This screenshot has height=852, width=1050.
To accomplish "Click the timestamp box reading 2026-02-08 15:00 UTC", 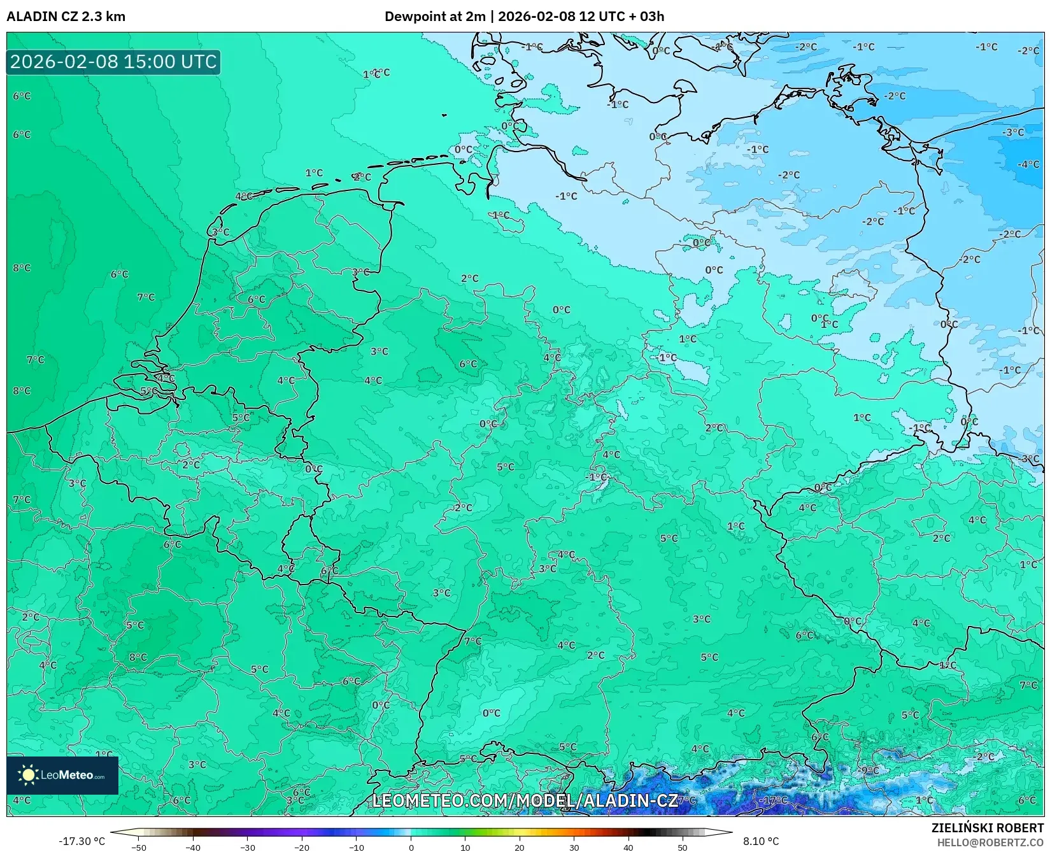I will pos(113,62).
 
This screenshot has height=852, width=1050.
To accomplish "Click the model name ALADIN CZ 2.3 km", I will pos(66,17).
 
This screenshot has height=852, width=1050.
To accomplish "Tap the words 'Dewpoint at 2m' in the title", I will pos(435,17).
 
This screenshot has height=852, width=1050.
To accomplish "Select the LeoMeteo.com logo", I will pos(62,775).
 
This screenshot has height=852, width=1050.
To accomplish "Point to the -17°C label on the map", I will pos(773,800).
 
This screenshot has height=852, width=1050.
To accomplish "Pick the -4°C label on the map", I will pos(1028,164).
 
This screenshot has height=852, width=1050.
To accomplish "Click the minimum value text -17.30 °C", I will pos(82,841).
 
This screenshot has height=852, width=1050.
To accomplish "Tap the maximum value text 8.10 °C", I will pos(761,841).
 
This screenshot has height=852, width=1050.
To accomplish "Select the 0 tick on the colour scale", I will pos(411,847).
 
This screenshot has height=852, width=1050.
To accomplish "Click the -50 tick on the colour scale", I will pos(139,847).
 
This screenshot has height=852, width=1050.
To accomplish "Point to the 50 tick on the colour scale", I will pos(683,847).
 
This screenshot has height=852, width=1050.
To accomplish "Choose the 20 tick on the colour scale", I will pos(520,847).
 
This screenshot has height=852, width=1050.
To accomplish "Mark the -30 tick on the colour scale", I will pos(248,847).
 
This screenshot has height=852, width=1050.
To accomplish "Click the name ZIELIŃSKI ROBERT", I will pos(988,828).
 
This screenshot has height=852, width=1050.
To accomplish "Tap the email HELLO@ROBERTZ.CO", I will pos(990,842).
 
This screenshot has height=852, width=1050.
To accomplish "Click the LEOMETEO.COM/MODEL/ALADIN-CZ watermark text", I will pos(525,800).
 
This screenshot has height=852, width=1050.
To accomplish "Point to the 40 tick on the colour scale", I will pos(628,847).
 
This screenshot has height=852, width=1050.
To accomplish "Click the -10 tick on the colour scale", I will pos(357,847).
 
